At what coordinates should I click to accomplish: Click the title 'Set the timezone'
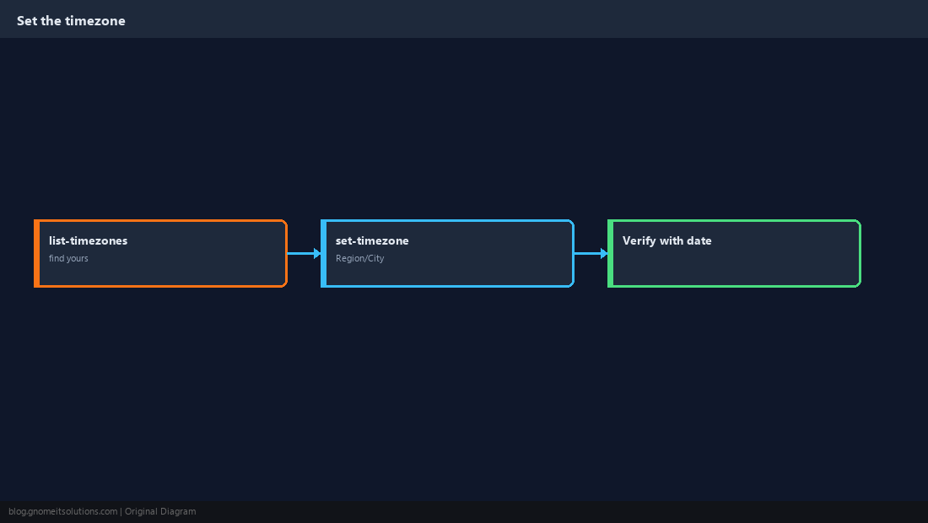point(71,21)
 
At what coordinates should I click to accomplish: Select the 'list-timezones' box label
point(89,240)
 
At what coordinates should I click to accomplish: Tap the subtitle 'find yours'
point(68,258)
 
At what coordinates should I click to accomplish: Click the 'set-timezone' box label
point(372,240)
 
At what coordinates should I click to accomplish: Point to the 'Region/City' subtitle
point(360,258)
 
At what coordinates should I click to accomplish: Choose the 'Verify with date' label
point(667,240)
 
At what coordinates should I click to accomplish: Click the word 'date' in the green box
point(699,240)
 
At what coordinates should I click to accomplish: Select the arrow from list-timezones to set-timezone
point(305,254)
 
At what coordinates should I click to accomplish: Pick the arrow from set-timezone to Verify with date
point(591,254)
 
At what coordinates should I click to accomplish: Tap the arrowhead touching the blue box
point(317,254)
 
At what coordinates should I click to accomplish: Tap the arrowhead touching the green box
point(604,254)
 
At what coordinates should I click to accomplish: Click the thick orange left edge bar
point(36,254)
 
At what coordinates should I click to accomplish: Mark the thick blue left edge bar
point(324,254)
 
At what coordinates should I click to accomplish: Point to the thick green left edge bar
point(610,254)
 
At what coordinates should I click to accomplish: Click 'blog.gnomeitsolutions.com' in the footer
point(62,512)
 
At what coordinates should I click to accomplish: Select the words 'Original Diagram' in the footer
point(160,512)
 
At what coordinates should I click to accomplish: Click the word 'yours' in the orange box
point(78,259)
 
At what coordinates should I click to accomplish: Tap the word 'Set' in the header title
point(27,21)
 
